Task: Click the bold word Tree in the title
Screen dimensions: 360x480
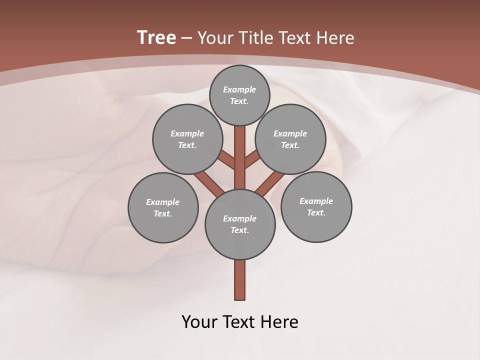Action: point(156,37)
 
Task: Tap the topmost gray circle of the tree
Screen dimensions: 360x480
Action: point(239,95)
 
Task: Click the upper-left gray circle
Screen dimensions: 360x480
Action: point(187,139)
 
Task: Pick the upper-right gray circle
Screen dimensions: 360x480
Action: point(290,139)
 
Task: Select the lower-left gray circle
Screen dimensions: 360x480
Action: point(163,207)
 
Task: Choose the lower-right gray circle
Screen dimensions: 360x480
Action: point(316,206)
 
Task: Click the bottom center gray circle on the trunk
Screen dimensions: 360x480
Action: point(240,224)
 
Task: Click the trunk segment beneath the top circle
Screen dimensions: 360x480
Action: point(240,150)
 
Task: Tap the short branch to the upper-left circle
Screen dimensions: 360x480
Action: point(226,160)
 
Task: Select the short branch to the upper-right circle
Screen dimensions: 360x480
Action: point(252,159)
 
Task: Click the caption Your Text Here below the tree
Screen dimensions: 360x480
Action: point(240,321)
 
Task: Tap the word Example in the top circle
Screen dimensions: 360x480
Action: point(239,89)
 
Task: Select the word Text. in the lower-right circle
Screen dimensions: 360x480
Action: point(316,212)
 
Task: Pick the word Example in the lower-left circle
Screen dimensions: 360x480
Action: point(162,202)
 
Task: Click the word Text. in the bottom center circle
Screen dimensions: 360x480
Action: point(239,230)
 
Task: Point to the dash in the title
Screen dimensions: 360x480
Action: point(187,38)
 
